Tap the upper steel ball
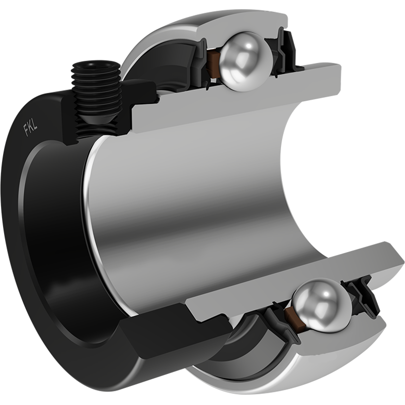pyautogui.click(x=246, y=61)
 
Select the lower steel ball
pyautogui.click(x=322, y=305)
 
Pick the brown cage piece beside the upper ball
pyautogui.click(x=214, y=65)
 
